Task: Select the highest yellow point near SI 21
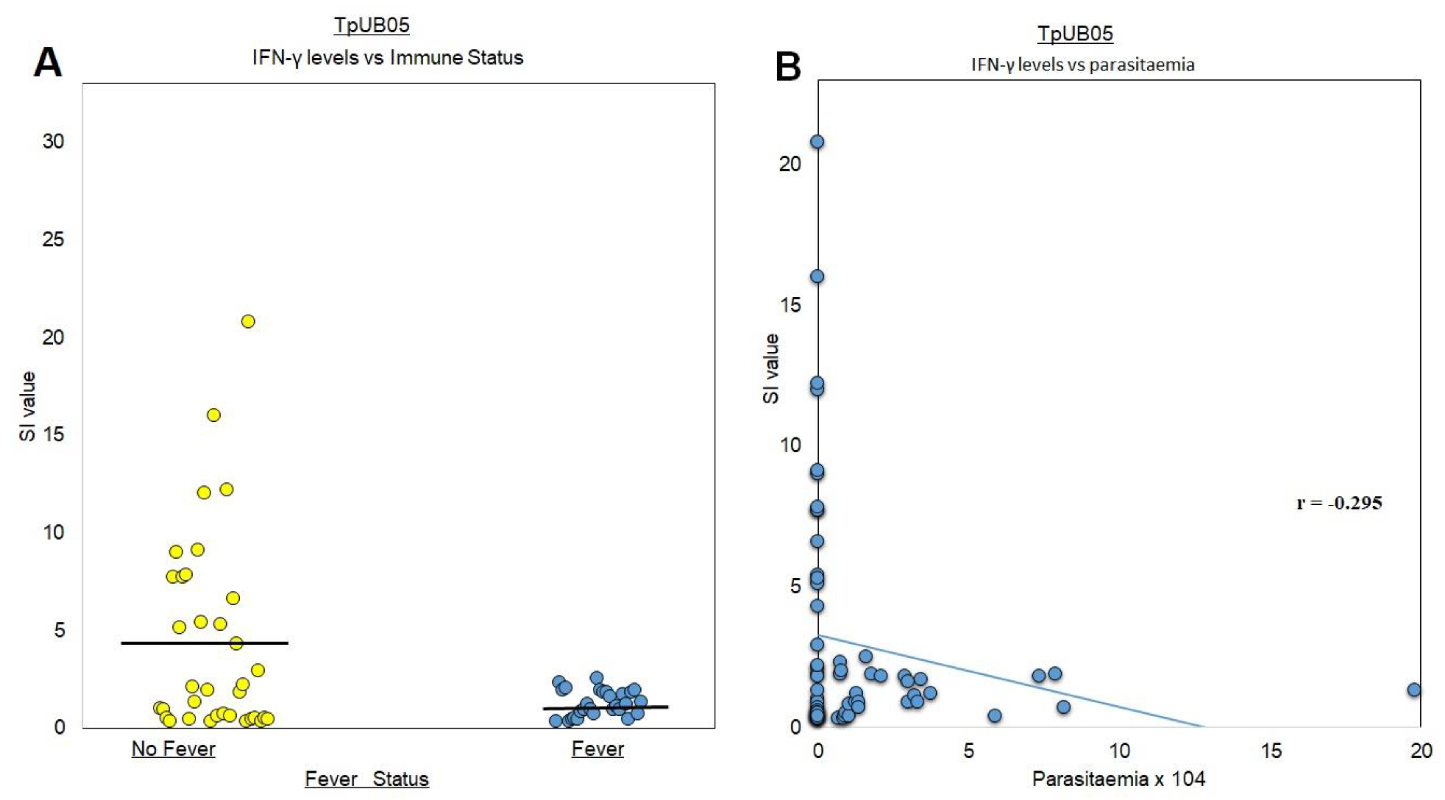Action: pos(248,321)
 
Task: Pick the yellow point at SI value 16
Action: pos(214,415)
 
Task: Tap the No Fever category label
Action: pos(174,749)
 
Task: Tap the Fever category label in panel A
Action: pos(597,749)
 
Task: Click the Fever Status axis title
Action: pos(366,779)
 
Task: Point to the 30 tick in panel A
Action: pos(53,141)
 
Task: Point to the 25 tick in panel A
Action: pos(53,240)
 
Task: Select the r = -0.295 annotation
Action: pos(1339,503)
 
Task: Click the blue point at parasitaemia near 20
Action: pos(1414,690)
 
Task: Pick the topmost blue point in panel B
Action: pos(817,141)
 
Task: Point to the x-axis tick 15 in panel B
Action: pos(1271,751)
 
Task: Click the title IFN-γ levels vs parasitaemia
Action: pos(1083,65)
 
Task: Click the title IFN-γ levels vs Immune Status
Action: pos(388,58)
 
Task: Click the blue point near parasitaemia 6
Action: pos(994,715)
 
